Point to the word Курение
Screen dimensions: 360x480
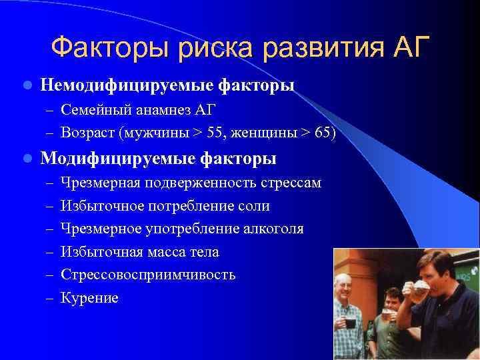(x=89, y=298)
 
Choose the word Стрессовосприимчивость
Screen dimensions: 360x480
(x=147, y=275)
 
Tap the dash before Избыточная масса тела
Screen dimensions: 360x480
(x=49, y=253)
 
